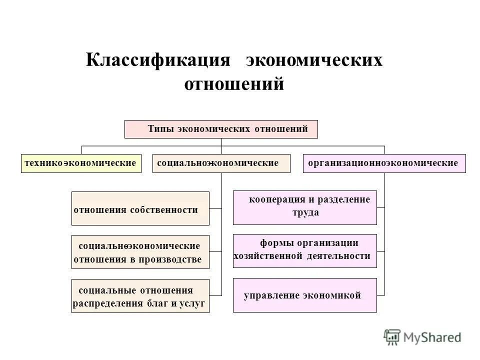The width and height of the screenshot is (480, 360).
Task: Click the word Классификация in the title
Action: coord(157,60)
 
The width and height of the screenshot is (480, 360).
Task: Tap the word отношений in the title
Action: coord(234,83)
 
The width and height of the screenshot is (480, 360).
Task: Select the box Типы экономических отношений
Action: coord(221,129)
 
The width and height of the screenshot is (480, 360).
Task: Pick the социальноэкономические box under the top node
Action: coord(221,163)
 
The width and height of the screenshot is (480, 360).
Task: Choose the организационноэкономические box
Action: coord(384,163)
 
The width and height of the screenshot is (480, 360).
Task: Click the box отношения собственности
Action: coord(140,208)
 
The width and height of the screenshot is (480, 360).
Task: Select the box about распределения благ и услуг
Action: coord(140,296)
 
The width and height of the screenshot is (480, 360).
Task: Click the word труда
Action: coord(305,212)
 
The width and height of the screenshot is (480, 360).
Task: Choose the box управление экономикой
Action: coord(304,295)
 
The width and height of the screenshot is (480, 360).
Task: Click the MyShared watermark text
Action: coord(432,337)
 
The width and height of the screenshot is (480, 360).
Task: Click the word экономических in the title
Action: coord(313,60)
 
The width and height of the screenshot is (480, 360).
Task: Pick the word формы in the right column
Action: coord(274,243)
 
